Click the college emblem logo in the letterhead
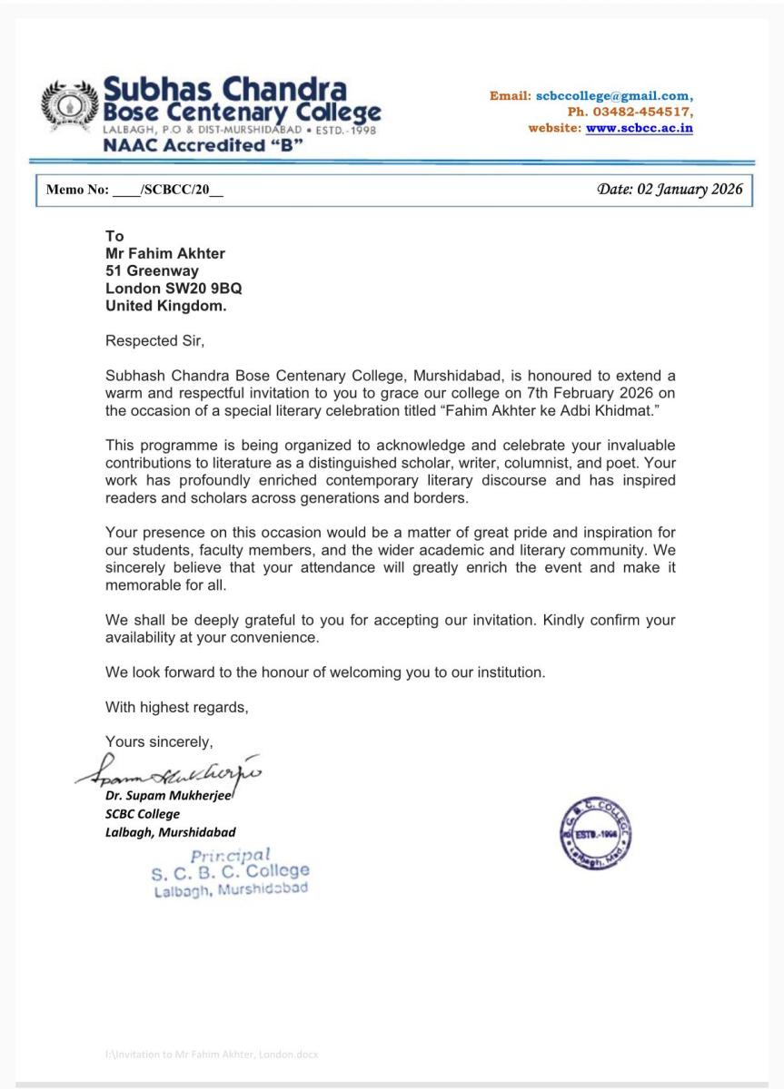coord(69,110)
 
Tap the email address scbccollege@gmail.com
coord(614,95)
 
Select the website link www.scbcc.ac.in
coord(639,128)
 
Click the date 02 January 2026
coord(670,189)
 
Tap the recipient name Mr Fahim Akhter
coord(164,253)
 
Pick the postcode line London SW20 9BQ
coord(174,288)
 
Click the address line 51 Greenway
coord(152,270)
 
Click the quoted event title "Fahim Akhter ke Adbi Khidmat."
coord(536,409)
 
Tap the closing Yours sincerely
coord(159,741)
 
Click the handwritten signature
coord(173,771)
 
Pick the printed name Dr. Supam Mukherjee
coord(169,797)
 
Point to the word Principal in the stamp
coord(231,855)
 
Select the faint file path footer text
coord(212,1055)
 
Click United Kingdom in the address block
coord(166,306)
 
